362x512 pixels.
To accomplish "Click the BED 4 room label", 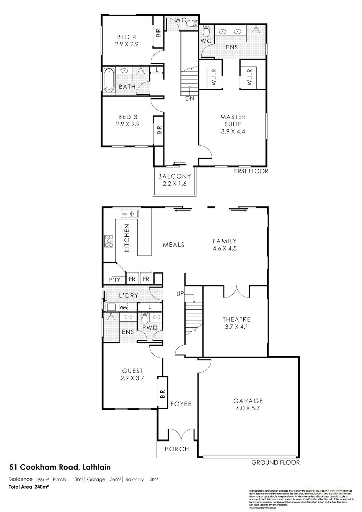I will pos(126,41).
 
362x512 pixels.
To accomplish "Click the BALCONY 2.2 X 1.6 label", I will pos(174,180).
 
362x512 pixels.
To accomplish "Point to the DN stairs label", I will pos(189,98).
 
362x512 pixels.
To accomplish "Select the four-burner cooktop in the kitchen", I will pos(109,241).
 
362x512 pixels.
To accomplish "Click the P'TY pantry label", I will pos(114,280).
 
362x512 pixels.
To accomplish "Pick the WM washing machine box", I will pos(123,307).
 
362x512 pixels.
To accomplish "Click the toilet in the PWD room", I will pos(145,318).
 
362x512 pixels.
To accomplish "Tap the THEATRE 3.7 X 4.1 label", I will pos(236,323).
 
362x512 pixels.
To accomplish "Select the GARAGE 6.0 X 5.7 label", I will pos(248,404).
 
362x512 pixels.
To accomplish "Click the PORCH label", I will pos(177,449).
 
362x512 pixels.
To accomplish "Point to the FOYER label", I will pos(181,403).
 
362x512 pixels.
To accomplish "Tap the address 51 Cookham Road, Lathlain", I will pos(60,467).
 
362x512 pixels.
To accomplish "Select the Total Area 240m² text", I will pos(29,487).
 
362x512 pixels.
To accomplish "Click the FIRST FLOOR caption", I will pos(251,171).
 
